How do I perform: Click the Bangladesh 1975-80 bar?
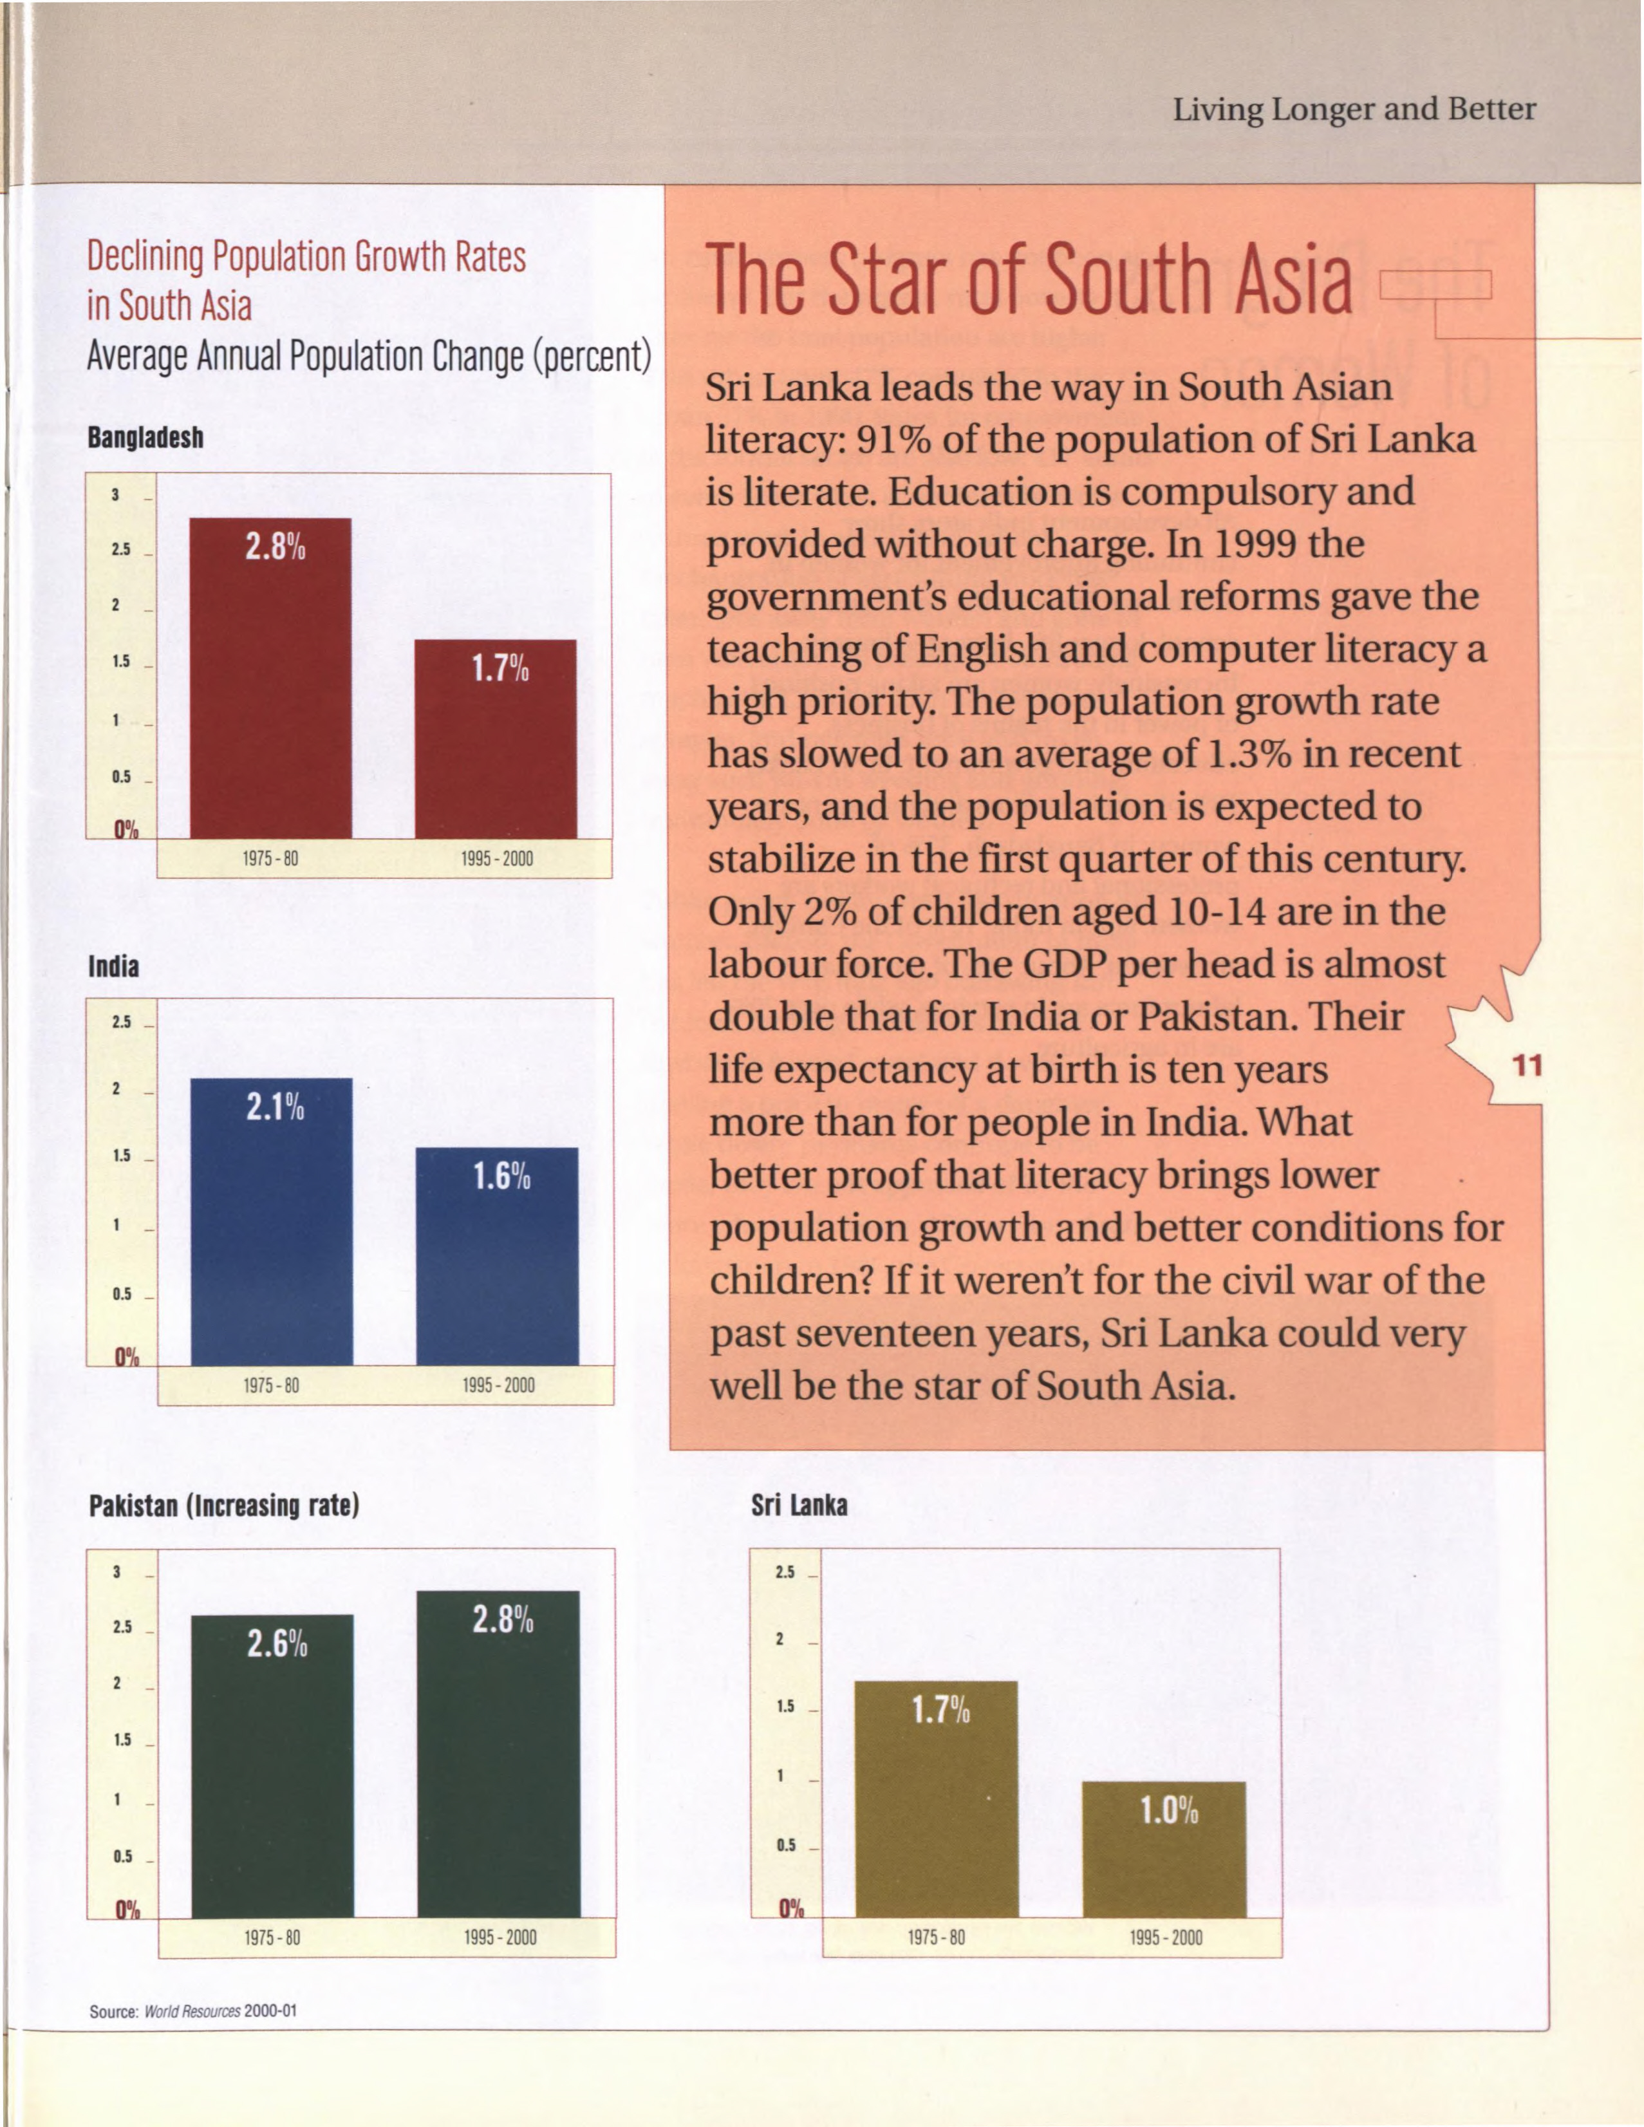pos(270,678)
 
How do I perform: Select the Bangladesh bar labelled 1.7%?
pos(496,738)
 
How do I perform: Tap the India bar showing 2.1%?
pos(272,1221)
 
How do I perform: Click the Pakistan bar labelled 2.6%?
pos(273,1766)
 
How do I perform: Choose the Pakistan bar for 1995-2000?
pos(499,1754)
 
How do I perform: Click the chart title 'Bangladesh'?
pos(146,437)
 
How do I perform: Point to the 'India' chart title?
pos(114,966)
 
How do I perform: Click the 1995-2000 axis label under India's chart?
pos(499,1385)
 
